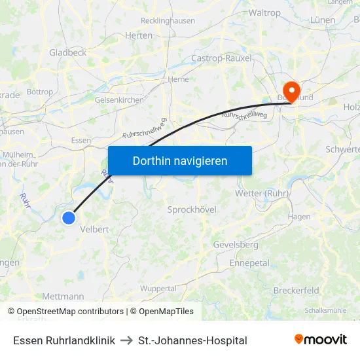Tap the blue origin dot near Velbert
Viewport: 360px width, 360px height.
pyautogui.click(x=69, y=218)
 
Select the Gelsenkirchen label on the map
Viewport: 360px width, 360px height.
pyautogui.click(x=119, y=99)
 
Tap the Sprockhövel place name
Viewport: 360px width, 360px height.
pyautogui.click(x=192, y=209)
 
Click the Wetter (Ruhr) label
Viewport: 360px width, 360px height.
pyautogui.click(x=261, y=194)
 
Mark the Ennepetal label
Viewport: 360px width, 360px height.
pyautogui.click(x=249, y=262)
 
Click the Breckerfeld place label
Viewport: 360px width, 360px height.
pyautogui.click(x=296, y=290)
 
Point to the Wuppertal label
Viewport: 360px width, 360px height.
pyautogui.click(x=158, y=288)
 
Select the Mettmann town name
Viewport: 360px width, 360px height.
pyautogui.click(x=63, y=297)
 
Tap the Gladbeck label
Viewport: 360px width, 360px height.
pyautogui.click(x=67, y=52)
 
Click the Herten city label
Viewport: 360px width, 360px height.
pyautogui.click(x=138, y=35)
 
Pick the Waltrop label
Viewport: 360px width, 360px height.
pyautogui.click(x=264, y=12)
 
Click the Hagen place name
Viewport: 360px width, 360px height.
pyautogui.click(x=299, y=217)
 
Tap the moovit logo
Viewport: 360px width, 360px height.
pyautogui.click(x=321, y=340)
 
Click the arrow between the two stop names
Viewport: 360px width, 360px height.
pyautogui.click(x=127, y=340)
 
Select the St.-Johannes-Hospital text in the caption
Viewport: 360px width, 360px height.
pyautogui.click(x=192, y=340)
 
